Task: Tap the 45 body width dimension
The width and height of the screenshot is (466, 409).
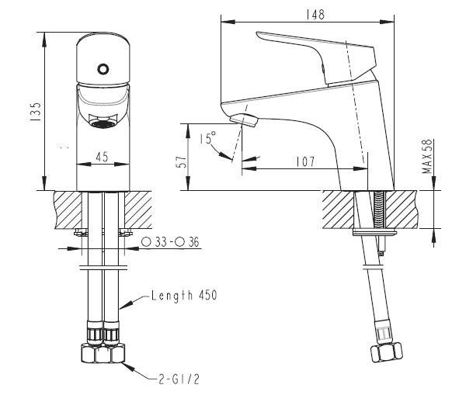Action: point(101,155)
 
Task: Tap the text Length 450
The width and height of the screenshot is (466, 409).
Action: point(183,296)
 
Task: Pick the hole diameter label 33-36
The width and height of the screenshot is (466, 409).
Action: point(172,242)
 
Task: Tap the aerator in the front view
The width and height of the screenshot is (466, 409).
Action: point(101,122)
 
